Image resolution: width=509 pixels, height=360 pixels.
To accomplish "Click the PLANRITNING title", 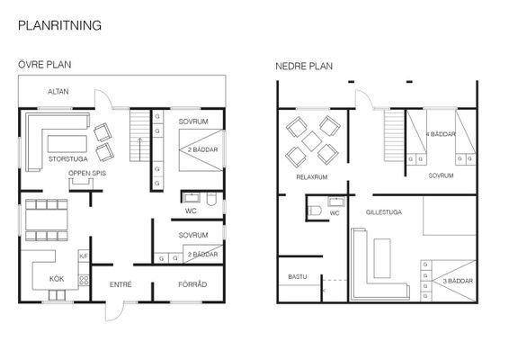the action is pos(59,25).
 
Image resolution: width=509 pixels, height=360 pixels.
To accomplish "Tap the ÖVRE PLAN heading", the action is pos(45,64).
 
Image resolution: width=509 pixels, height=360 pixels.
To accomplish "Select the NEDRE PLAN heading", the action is pos(304,67).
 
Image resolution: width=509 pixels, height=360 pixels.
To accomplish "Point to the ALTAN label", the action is pos(58,92).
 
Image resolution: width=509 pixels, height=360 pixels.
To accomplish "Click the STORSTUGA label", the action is pos(68,159).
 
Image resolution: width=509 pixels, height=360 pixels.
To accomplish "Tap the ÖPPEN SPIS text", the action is pos(87,173).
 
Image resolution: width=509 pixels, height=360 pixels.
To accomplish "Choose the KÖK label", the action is pos(57,279).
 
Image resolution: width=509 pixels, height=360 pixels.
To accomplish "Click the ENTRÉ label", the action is pos(121,284).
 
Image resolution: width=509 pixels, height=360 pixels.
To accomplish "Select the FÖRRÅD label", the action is pos(192,284).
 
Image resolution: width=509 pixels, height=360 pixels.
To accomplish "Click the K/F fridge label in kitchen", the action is pos(84,256).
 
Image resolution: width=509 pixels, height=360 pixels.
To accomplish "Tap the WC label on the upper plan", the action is pos(191,211).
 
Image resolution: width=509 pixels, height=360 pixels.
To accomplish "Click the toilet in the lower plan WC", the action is pos(315,211).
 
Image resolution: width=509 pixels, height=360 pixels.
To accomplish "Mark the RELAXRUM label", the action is pos(312,177).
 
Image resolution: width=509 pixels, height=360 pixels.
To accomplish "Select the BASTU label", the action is pos(298,277).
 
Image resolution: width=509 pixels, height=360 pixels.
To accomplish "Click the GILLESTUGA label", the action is pos(384,212).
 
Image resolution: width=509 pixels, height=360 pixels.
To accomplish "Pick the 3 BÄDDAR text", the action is pos(458,281).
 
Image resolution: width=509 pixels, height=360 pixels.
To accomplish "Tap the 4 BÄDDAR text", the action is pos(441,134).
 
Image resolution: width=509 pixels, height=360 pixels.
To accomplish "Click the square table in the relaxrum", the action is pos(312,141).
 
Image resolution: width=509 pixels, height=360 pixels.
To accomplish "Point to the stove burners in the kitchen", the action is pos(84,280).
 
